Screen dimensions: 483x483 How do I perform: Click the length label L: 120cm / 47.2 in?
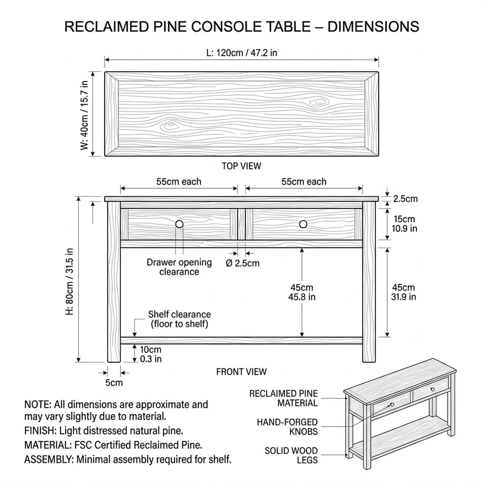point(241,53)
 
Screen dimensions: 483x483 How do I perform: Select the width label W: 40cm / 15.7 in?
point(84,115)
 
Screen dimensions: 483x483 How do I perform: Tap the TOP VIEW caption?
point(241,166)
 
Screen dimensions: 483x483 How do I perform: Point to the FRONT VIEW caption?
point(241,372)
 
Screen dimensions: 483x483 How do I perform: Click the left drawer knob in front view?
point(179,224)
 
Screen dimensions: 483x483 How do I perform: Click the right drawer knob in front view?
point(303,224)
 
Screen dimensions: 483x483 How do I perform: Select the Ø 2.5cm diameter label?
point(242,263)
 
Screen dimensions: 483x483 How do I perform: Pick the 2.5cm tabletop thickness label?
point(405,199)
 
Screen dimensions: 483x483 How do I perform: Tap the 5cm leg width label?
point(114,383)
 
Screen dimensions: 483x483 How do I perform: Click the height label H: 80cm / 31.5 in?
point(70,281)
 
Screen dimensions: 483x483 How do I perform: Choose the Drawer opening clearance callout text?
point(179,267)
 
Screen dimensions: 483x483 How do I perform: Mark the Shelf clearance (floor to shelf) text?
point(179,319)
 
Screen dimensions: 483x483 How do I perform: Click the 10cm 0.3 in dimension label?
point(151,354)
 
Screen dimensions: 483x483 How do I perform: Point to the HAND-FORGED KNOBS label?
point(287,427)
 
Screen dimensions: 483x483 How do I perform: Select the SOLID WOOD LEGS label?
point(291,455)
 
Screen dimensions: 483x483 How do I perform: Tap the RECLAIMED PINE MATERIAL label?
point(283,398)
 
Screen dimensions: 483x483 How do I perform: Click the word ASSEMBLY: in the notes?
point(49,459)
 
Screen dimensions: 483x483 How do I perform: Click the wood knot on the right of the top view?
point(319,103)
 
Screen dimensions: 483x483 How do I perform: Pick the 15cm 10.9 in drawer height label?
point(404,224)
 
